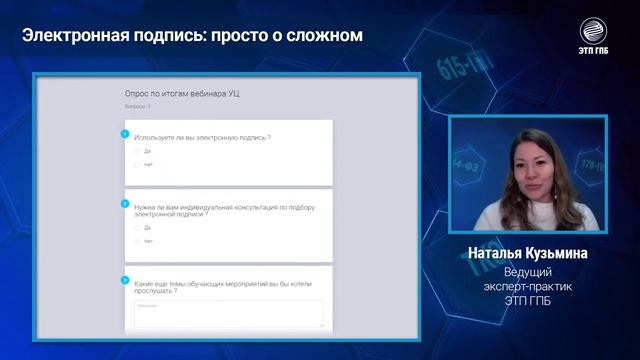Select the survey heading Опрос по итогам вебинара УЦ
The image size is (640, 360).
coord(181,93)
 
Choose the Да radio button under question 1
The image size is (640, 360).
coord(137,151)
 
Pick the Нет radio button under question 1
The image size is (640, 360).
coord(137,164)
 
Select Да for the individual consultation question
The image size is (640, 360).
coord(137,228)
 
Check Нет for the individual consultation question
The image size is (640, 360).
coord(137,241)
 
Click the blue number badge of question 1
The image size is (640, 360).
coord(125,133)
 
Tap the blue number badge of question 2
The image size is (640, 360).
coord(125,203)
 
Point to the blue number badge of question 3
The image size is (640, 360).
coord(125,280)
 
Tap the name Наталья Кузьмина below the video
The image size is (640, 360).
coord(528,254)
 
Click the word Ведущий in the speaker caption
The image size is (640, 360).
coord(528,273)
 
